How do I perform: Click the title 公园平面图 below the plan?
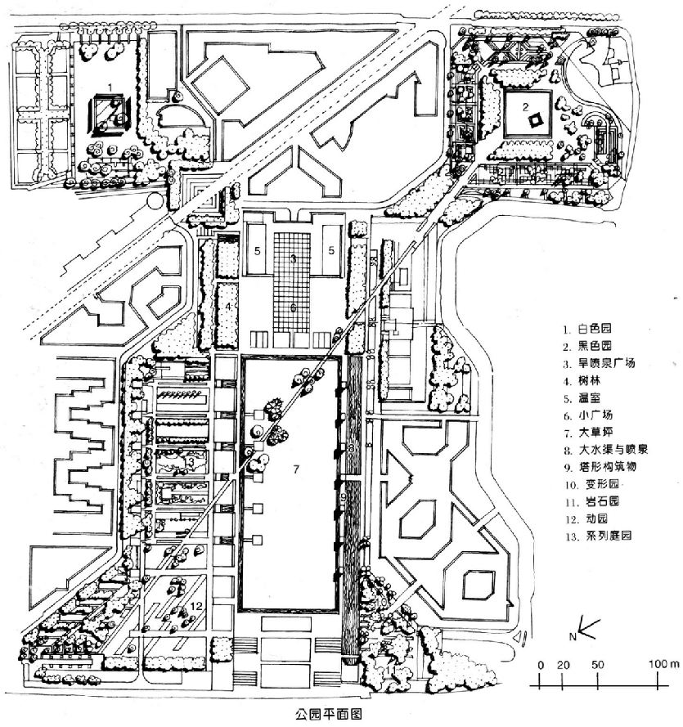328,712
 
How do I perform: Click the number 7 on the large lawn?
297,470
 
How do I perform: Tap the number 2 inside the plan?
527,105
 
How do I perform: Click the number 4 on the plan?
230,307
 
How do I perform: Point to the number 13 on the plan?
189,464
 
